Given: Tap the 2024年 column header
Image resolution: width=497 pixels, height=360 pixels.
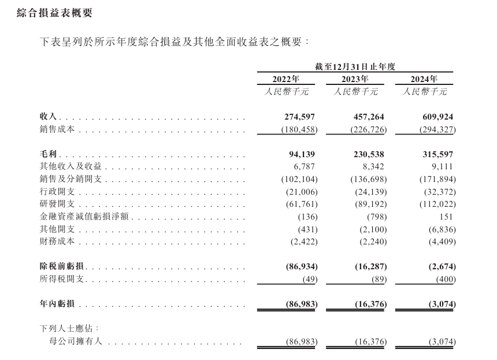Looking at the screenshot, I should [x=424, y=79].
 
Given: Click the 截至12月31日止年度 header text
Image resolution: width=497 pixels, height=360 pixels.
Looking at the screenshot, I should [x=355, y=66].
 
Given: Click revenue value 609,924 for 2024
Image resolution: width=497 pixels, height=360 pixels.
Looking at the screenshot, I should [x=435, y=117].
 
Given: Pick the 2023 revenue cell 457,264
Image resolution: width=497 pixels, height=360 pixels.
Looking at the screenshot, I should [x=366, y=117].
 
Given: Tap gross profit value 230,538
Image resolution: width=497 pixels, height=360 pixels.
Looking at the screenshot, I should [x=366, y=154].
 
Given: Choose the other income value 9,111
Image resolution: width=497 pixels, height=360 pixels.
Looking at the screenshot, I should [x=442, y=166].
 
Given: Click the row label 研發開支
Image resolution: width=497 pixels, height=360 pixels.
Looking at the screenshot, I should [x=57, y=204].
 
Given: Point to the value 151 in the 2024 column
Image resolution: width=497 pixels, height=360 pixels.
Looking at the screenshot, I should [x=447, y=216].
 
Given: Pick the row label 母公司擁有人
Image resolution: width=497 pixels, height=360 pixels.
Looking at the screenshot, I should [x=77, y=342].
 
